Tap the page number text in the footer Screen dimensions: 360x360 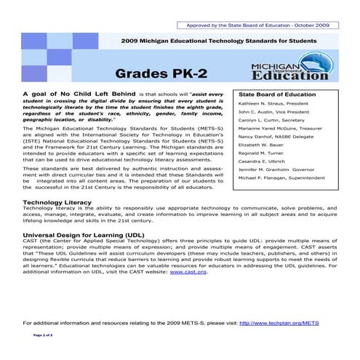tap(48, 335)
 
